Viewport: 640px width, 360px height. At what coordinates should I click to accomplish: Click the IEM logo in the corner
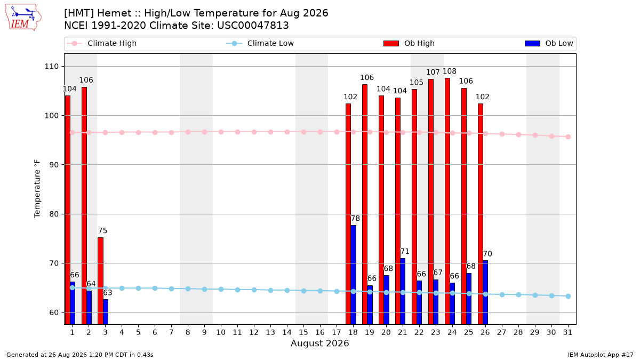pos(23,18)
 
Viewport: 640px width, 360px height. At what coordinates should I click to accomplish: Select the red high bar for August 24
pos(447,201)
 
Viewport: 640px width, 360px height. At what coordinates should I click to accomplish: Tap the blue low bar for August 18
pos(353,275)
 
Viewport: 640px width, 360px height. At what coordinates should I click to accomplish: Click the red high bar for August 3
pos(101,281)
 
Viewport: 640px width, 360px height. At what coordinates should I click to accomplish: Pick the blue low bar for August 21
pos(403,291)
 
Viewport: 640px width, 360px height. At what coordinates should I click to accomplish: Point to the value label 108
pos(450,71)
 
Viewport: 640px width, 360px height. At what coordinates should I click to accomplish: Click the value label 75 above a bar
pos(102,230)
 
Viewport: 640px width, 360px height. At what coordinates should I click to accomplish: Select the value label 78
pos(355,218)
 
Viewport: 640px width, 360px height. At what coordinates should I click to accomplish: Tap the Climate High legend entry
pos(101,43)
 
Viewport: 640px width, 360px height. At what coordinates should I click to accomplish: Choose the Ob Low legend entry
pos(549,43)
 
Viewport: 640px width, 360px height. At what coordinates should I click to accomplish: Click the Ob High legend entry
pos(409,43)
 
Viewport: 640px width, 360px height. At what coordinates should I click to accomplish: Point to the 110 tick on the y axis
pos(51,67)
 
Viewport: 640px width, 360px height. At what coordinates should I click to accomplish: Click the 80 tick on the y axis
pos(54,214)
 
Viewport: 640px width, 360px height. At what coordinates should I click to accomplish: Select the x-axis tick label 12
pos(254,332)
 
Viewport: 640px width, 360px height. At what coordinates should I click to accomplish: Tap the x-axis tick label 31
pos(567,332)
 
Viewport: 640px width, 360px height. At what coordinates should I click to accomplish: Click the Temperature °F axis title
pos(37,189)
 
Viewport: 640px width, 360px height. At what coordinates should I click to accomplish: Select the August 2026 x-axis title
pos(319,343)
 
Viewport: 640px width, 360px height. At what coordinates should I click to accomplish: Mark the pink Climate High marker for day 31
pos(569,137)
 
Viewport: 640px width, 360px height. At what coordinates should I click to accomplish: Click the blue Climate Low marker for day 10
pos(221,290)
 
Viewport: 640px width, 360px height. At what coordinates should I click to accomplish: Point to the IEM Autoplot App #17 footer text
pos(601,355)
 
